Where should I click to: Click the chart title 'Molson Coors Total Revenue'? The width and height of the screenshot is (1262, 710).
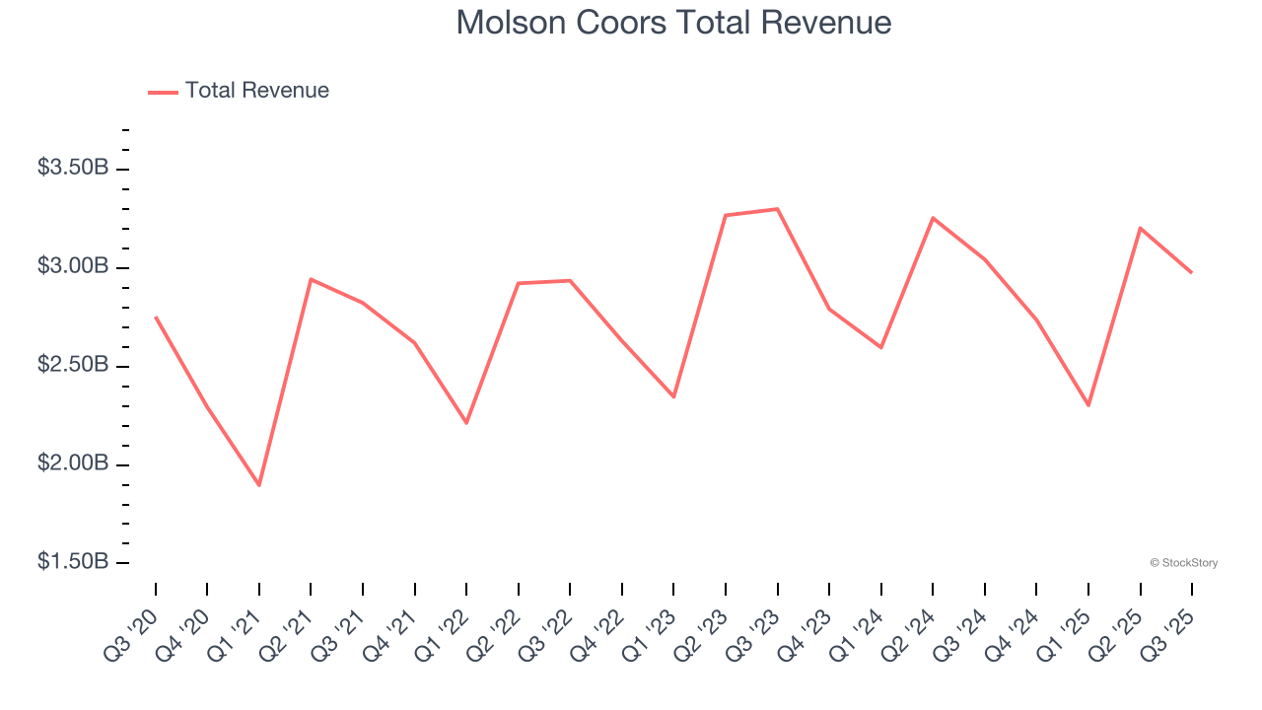click(x=673, y=23)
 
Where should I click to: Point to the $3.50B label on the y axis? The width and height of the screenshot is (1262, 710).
click(x=73, y=168)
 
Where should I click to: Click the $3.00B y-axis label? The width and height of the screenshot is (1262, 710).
click(x=73, y=266)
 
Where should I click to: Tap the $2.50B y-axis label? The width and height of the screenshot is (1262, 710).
click(x=73, y=365)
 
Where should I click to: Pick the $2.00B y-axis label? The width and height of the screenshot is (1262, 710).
click(x=73, y=463)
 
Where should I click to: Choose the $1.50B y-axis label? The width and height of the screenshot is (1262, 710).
click(x=73, y=561)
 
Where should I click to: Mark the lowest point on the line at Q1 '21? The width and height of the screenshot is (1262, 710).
click(x=259, y=485)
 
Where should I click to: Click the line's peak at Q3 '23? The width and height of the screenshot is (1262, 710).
click(x=777, y=209)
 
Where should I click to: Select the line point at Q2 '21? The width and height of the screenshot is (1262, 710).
click(x=311, y=279)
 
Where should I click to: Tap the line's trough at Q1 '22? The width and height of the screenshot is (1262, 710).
click(x=466, y=423)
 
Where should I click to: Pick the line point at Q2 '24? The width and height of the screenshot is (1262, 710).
click(x=933, y=218)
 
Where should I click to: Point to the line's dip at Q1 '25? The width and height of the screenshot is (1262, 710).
click(x=1088, y=405)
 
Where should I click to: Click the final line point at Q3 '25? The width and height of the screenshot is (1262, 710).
click(x=1191, y=272)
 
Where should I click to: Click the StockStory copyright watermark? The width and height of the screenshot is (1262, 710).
click(x=1183, y=563)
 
